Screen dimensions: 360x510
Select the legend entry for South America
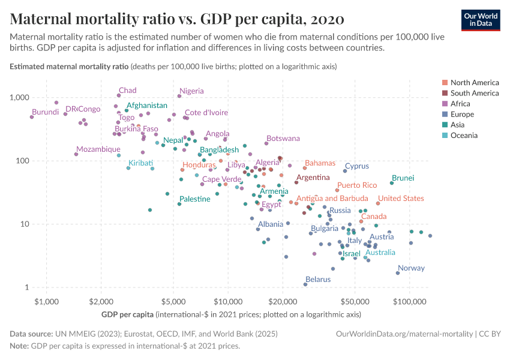coord(474,93)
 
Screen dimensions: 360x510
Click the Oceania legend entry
coord(464,136)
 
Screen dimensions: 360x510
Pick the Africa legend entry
coord(460,104)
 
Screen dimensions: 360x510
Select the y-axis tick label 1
coord(26,287)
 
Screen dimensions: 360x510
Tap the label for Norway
coord(411,268)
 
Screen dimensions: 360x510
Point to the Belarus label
coord(318,279)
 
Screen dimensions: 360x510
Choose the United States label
coord(401,199)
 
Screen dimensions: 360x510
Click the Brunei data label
coord(403,178)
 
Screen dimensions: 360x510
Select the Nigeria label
coord(192,91)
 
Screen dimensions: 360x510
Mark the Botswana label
coord(283,139)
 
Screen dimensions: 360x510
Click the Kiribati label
coord(140,163)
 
